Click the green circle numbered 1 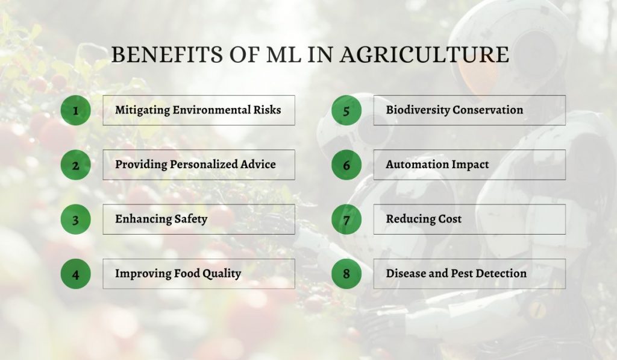tap(75, 110)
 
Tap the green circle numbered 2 tap(75, 165)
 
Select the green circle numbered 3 tap(75, 219)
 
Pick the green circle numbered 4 tap(75, 274)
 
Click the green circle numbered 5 tap(346, 110)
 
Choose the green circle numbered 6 tap(346, 165)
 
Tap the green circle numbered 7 tap(346, 219)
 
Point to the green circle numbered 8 tap(346, 274)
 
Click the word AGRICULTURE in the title tap(424, 55)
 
